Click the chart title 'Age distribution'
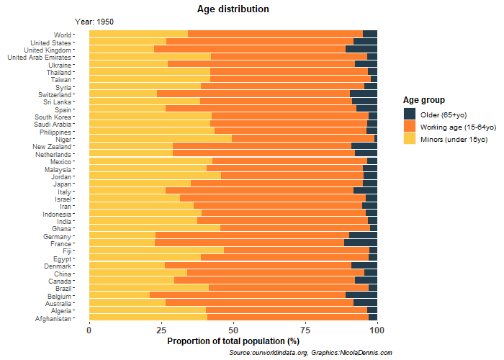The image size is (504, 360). pyautogui.click(x=233, y=9)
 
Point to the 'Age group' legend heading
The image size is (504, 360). pyautogui.click(x=423, y=99)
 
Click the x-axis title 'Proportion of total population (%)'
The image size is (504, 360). pyautogui.click(x=233, y=341)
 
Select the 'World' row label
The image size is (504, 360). pyautogui.click(x=63, y=35)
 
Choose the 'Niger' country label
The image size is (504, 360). pyautogui.click(x=63, y=139)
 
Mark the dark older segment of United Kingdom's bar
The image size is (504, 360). pyautogui.click(x=361, y=49)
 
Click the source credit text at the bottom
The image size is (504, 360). pyautogui.click(x=310, y=352)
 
